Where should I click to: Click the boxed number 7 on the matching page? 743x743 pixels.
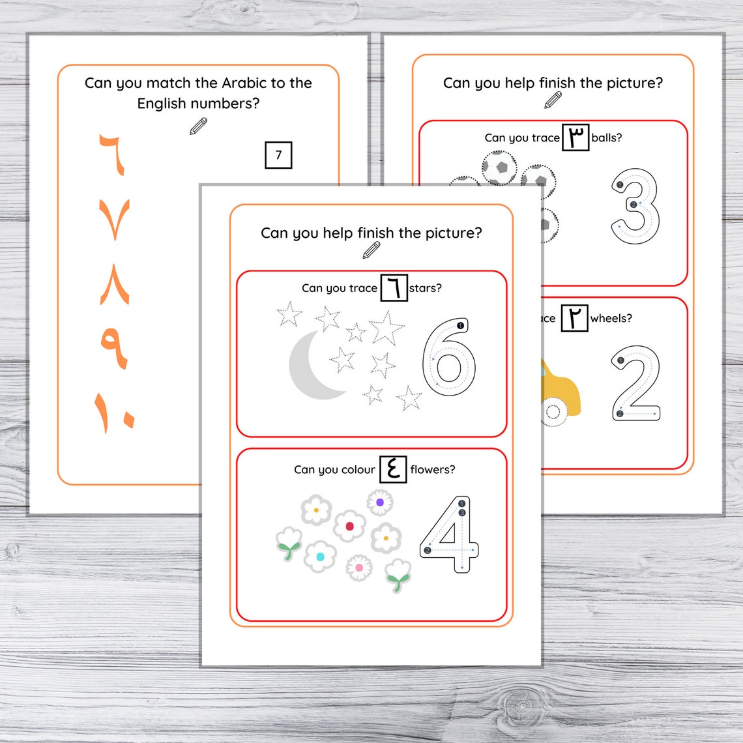tap(278, 155)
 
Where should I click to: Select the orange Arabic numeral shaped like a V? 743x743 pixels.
tap(115, 219)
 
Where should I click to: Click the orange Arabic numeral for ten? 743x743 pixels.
tap(115, 411)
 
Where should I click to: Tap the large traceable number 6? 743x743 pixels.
tap(449, 358)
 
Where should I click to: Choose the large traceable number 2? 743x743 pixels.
tap(635, 384)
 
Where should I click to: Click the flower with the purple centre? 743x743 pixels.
tap(379, 503)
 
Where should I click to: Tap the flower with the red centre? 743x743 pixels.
tap(349, 526)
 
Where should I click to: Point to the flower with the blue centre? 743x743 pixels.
tap(320, 557)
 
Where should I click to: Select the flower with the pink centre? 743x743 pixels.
tap(358, 568)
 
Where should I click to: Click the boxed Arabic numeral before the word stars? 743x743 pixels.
tap(394, 287)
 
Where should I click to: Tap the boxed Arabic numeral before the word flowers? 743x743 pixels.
tap(393, 469)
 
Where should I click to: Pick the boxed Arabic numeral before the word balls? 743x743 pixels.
tap(575, 138)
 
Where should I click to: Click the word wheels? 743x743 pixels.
tap(611, 318)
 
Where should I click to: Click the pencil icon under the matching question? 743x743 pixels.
tap(198, 126)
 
